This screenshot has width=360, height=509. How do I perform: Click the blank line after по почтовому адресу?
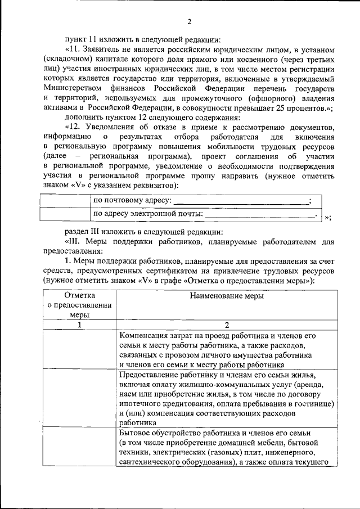[x=241, y=201]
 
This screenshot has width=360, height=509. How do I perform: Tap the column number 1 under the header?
[x=80, y=325]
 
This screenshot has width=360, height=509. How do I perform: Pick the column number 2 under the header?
[x=227, y=325]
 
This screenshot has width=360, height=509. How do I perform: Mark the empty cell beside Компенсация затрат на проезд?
[x=80, y=349]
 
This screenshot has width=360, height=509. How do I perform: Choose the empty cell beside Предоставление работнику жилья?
[x=80, y=398]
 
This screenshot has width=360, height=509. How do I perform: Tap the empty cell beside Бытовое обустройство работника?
[x=80, y=447]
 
